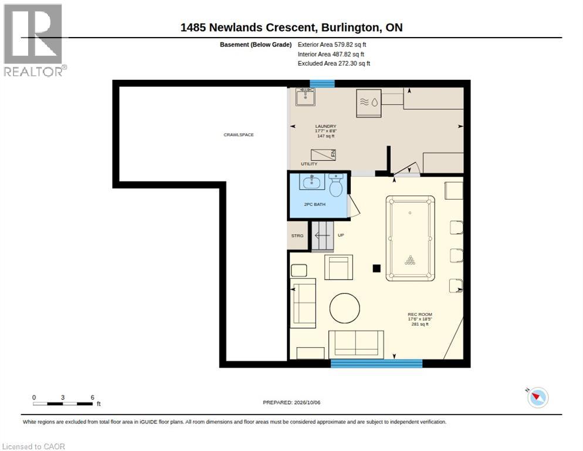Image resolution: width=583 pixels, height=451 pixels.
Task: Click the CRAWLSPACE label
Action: pyautogui.click(x=238, y=135)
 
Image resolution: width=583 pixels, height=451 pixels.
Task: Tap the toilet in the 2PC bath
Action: pyautogui.click(x=336, y=185)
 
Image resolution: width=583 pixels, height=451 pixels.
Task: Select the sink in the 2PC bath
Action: pyautogui.click(x=311, y=181)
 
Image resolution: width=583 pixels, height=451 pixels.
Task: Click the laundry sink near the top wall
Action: pyautogui.click(x=306, y=97)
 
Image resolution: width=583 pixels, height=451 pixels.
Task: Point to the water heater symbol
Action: pyautogui.click(x=368, y=103)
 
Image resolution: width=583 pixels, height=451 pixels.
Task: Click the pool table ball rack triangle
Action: pyautogui.click(x=410, y=260)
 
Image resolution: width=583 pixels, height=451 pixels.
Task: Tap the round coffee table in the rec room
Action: pyautogui.click(x=345, y=308)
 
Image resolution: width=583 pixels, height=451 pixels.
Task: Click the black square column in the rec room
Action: pyautogui.click(x=377, y=268)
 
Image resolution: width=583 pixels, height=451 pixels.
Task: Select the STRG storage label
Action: pyautogui.click(x=297, y=235)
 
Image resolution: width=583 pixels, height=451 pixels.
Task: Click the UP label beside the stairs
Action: pyautogui.click(x=341, y=235)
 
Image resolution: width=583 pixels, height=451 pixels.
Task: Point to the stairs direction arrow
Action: pyautogui.click(x=322, y=235)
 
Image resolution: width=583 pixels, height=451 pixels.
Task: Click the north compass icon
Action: pyautogui.click(x=538, y=397)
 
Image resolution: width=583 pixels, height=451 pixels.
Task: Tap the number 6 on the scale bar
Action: pyautogui.click(x=93, y=398)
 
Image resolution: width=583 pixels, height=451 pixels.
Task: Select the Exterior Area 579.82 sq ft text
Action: pyautogui.click(x=331, y=45)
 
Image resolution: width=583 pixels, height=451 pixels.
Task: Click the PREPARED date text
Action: pyautogui.click(x=291, y=402)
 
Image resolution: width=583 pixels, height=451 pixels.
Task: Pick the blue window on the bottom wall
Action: pyautogui.click(x=377, y=364)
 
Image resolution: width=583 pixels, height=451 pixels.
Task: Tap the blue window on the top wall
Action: pyautogui.click(x=323, y=84)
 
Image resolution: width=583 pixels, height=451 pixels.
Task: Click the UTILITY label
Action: pyautogui.click(x=309, y=164)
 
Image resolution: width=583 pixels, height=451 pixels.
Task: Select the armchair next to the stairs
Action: pyautogui.click(x=339, y=267)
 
